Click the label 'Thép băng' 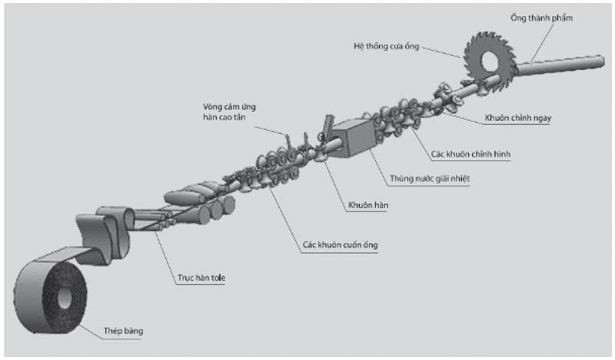pos(123,332)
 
